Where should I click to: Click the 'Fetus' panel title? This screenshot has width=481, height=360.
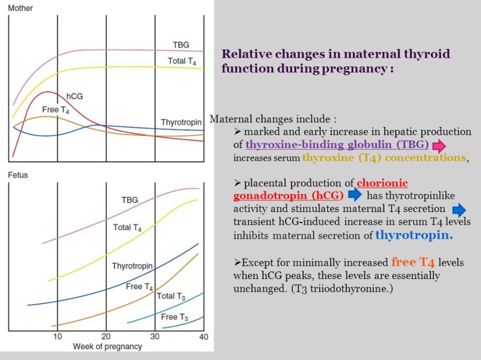[17, 175]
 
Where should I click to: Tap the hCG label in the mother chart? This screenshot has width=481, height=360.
[75, 96]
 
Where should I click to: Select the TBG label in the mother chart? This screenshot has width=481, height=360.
[181, 45]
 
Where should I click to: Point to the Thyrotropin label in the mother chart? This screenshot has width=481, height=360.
[181, 122]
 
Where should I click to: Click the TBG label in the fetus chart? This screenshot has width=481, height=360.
[129, 200]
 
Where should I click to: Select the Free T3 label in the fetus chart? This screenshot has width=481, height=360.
[174, 317]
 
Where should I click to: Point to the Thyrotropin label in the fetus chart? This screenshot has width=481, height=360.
[132, 266]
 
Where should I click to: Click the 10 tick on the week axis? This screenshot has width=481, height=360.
[57, 337]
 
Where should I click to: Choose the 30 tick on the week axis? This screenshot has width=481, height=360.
[155, 337]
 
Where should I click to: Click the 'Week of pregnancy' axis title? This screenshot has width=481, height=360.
[107, 347]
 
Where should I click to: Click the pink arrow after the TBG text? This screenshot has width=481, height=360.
[438, 145]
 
